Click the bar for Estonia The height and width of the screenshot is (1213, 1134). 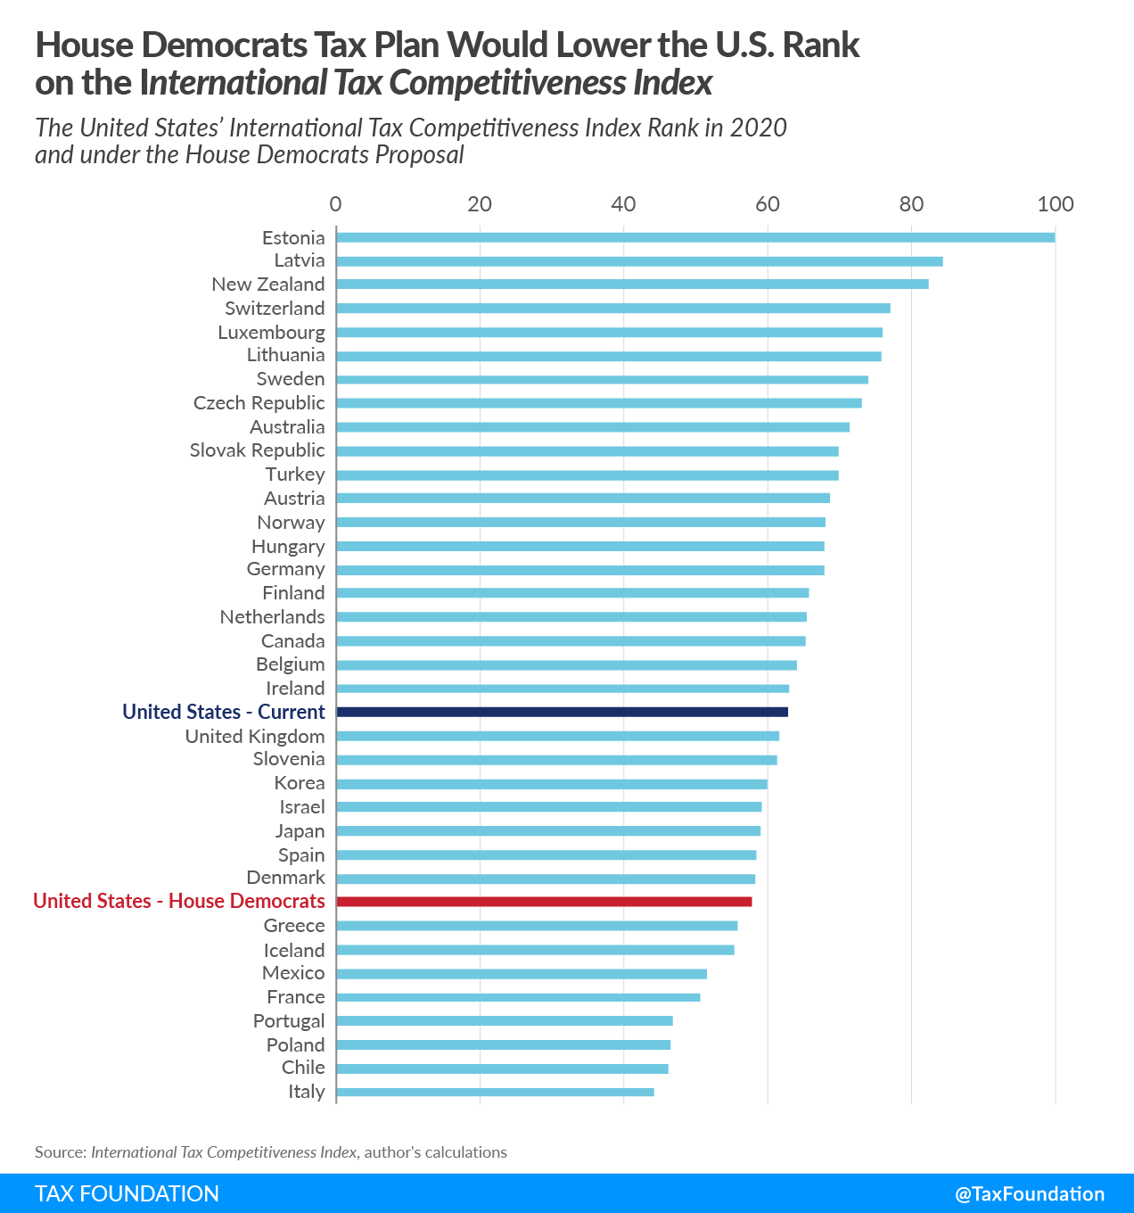695,237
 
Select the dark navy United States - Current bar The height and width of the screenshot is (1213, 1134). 563,712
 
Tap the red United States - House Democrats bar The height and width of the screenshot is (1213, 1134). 544,902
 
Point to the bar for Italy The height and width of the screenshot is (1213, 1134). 495,1092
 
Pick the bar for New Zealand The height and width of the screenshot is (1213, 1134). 632,285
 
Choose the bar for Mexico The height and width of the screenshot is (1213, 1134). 522,974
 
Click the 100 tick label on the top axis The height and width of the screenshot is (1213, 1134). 1056,204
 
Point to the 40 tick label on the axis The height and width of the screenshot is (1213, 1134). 623,204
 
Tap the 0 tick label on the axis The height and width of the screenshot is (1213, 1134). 335,204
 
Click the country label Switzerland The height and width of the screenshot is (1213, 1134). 275,309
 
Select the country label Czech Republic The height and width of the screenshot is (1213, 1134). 259,403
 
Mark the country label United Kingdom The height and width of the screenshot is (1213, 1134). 255,736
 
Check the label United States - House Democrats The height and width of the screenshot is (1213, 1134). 179,902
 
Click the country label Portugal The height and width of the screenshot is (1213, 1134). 289,1021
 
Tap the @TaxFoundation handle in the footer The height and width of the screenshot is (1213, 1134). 1030,1194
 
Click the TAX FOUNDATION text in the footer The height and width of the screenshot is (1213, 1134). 127,1194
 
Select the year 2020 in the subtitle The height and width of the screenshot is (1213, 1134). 758,128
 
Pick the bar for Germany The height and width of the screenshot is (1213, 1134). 580,570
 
